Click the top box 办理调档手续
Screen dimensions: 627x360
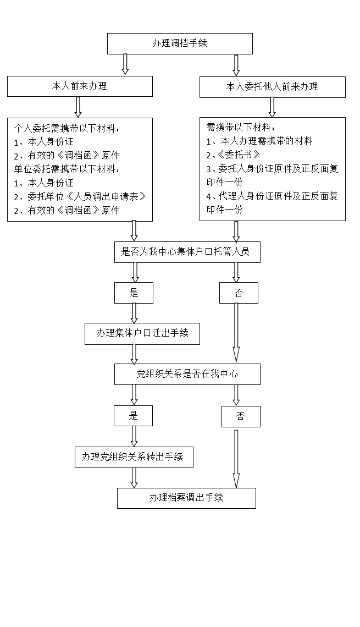click(180, 43)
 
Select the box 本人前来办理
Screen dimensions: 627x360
click(80, 86)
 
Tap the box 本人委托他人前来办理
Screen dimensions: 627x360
click(272, 87)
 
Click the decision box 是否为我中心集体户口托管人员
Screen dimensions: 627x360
click(187, 252)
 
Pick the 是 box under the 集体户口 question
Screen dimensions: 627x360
click(134, 293)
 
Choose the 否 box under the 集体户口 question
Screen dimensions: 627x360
click(239, 293)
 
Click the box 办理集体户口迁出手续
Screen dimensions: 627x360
click(142, 333)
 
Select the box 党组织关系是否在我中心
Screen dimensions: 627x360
click(187, 374)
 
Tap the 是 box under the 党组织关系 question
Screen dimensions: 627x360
click(133, 416)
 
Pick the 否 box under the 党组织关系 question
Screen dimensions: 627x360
click(240, 416)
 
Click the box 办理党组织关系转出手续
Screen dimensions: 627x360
click(134, 457)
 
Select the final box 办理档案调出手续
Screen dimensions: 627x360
click(186, 498)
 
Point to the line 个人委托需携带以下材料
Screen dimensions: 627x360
click(67, 128)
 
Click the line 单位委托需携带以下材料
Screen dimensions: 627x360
click(67, 169)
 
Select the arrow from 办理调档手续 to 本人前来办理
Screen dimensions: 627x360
click(125, 64)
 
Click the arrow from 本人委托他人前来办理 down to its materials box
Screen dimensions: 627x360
click(272, 107)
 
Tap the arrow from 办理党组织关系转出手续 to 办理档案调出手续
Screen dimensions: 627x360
click(134, 477)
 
